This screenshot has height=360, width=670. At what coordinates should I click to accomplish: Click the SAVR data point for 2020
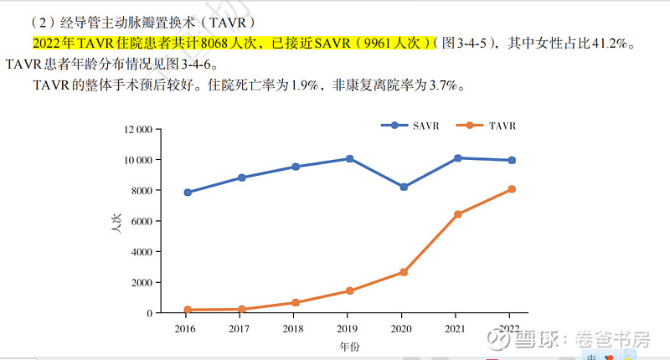click(404, 187)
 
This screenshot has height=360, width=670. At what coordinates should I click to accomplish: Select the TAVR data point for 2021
click(457, 214)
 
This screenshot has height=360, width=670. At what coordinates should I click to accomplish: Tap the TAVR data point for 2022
click(512, 189)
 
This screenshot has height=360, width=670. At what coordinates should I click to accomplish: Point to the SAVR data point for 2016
click(188, 193)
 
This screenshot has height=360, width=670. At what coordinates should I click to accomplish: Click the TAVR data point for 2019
click(349, 291)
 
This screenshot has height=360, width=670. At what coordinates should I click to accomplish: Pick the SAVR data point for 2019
click(349, 158)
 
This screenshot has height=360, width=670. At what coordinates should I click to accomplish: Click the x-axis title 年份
click(349, 345)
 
